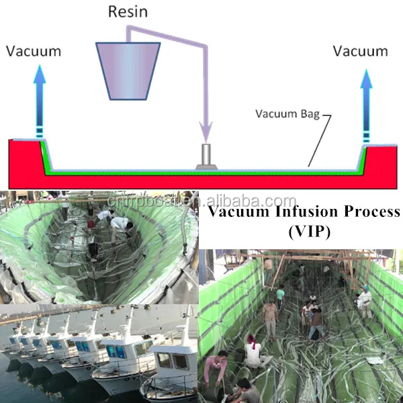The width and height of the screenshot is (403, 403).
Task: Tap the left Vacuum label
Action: click(33, 50)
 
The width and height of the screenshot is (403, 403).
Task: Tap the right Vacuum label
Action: click(361, 50)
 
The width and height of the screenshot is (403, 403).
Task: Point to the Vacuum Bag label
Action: click(286, 114)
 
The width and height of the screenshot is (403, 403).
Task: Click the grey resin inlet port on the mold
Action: click(206, 156)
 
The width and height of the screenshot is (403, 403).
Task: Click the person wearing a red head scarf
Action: click(254, 349)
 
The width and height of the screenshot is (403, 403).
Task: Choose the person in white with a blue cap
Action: click(365, 301)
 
